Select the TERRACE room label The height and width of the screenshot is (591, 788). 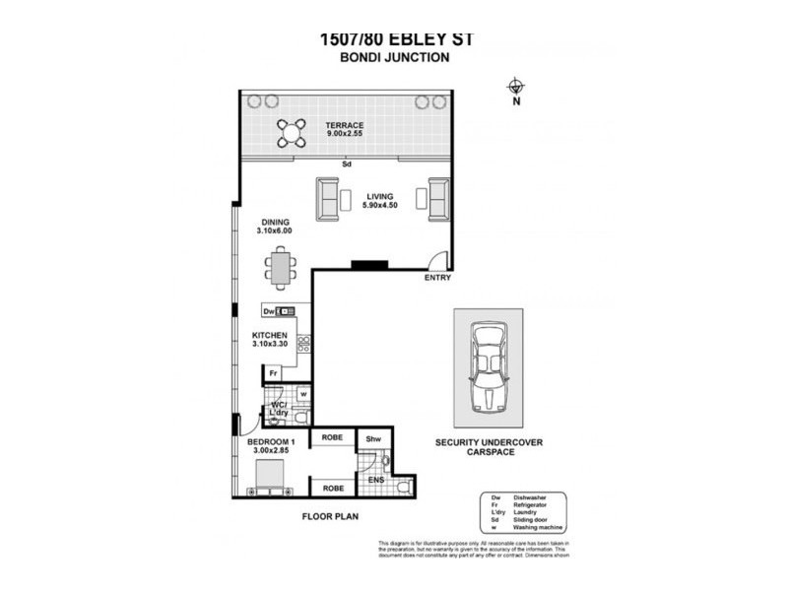coord(345,125)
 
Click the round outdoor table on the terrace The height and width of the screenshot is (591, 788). coord(291,132)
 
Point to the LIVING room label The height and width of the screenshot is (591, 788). coord(381,195)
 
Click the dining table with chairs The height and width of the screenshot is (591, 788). coord(282,269)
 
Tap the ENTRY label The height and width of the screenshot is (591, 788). coord(437,278)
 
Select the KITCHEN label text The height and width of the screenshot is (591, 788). coord(269,335)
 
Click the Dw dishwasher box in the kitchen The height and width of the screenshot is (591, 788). coord(268,311)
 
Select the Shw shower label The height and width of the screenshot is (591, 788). coord(373,439)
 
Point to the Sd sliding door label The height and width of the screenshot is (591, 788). coord(347,164)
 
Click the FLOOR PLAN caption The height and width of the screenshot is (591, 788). coord(330,515)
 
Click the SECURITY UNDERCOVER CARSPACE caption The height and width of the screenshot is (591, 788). coord(490,449)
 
